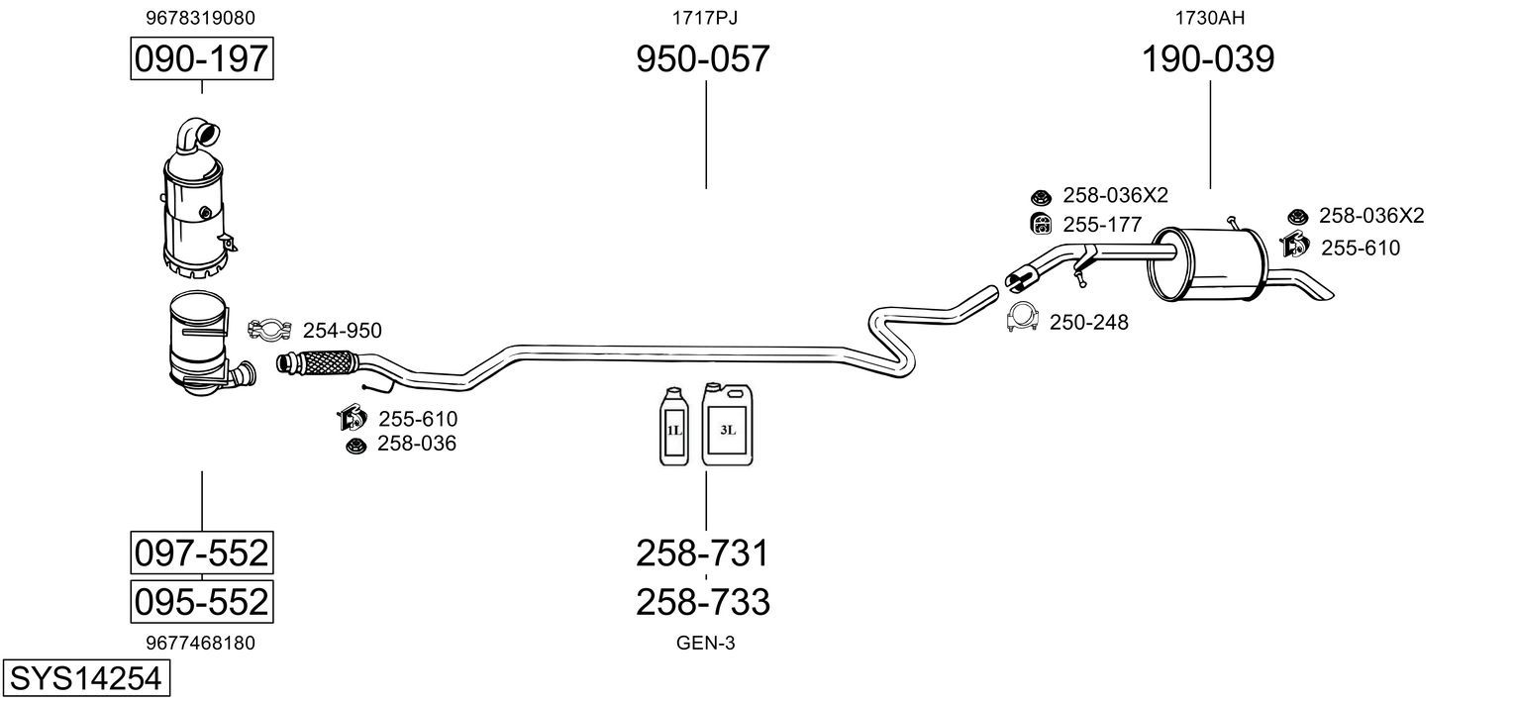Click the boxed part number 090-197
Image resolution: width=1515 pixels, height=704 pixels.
202,58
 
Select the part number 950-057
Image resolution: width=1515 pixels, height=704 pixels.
703,58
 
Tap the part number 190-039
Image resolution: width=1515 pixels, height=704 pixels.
1208,58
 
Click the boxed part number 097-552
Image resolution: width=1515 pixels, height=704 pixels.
202,553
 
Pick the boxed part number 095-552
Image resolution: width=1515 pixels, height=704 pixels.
202,601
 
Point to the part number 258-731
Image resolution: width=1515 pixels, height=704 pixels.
703,553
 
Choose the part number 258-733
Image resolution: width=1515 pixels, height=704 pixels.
703,602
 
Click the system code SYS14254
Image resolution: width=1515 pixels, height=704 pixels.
86,678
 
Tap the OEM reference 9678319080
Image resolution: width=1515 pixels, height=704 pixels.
200,18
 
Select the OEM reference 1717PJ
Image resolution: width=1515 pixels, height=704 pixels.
704,18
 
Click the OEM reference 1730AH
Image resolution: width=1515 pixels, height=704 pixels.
1209,18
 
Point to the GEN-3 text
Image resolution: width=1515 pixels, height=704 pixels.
705,644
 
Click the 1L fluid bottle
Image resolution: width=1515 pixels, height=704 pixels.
673,426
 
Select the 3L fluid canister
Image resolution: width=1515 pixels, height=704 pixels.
727,424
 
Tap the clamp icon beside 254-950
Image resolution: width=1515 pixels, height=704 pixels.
269,330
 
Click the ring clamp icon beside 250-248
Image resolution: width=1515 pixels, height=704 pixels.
1022,317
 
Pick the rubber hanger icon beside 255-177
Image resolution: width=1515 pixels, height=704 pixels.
1041,224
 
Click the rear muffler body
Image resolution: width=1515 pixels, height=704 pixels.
1206,264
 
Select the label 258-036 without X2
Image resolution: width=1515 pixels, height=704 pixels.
417,444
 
